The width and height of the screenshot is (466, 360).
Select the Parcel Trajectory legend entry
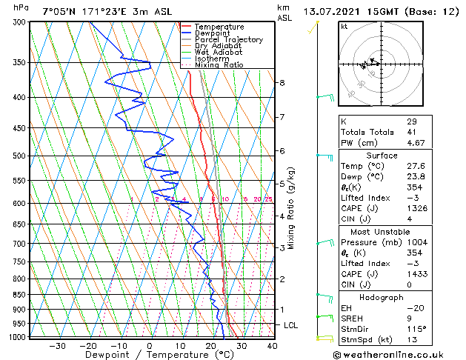[224, 40]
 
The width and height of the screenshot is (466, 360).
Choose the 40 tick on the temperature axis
[272, 346]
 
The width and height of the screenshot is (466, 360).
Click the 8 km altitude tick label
[282, 83]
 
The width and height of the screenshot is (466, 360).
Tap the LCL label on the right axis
[292, 325]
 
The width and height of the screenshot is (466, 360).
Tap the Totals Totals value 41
[412, 132]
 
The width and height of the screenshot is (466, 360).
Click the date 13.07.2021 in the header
[333, 12]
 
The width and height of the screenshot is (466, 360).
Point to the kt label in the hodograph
[344, 27]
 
